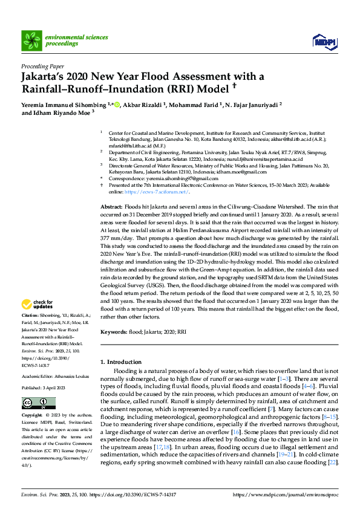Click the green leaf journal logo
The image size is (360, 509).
(31, 41)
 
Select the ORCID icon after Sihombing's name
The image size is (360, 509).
(117, 104)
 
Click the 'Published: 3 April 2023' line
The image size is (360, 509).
(45, 387)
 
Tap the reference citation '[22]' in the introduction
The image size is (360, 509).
(332, 462)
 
